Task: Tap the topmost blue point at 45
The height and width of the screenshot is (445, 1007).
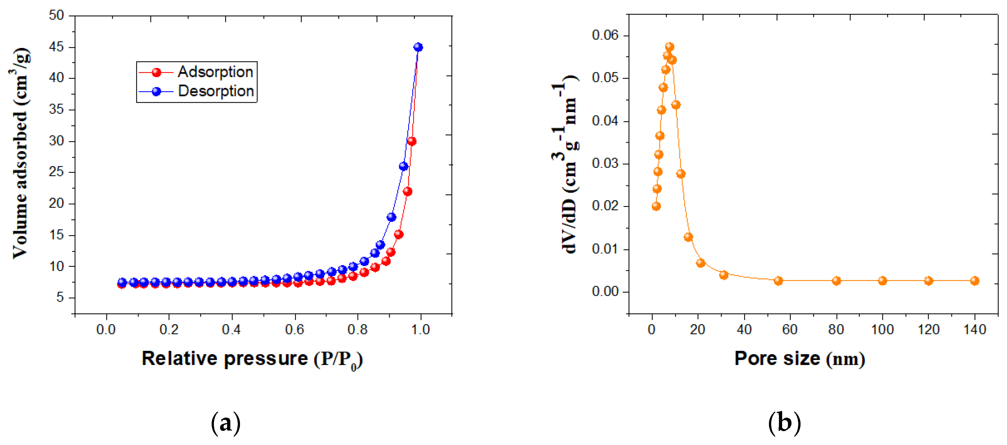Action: [x=418, y=47]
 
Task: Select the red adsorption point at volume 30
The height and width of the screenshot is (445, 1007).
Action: [x=411, y=141]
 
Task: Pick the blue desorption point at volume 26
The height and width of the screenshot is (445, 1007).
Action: [x=403, y=166]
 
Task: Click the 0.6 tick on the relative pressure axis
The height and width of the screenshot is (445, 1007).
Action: [x=294, y=330]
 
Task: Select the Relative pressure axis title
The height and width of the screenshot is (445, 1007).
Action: [x=252, y=359]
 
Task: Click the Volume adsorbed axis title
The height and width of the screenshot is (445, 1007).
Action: [x=20, y=153]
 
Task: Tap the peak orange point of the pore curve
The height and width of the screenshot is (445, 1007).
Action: [x=669, y=47]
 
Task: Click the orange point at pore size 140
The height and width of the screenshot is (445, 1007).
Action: [x=974, y=281]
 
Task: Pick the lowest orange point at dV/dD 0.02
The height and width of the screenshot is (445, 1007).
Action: [x=656, y=206]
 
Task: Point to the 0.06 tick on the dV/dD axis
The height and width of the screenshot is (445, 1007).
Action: [x=605, y=35]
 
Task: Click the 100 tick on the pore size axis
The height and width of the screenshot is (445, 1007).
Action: [x=882, y=330]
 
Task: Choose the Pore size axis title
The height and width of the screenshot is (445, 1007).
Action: [x=800, y=359]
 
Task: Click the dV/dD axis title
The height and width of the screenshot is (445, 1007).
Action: [x=565, y=164]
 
